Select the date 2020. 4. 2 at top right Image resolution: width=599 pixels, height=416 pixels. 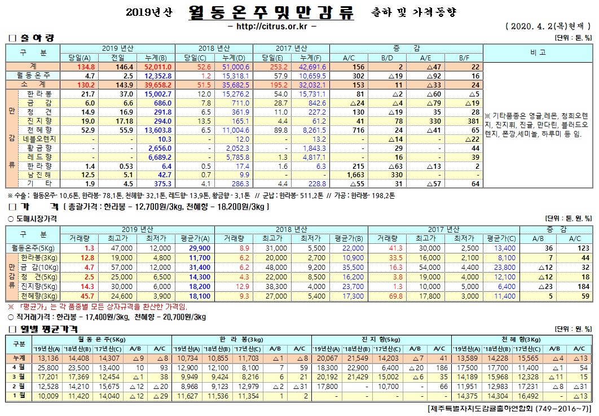[x=536, y=26]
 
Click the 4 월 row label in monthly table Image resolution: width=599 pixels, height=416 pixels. [x=19, y=367]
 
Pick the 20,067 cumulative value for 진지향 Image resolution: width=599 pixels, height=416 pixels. [x=327, y=357]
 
